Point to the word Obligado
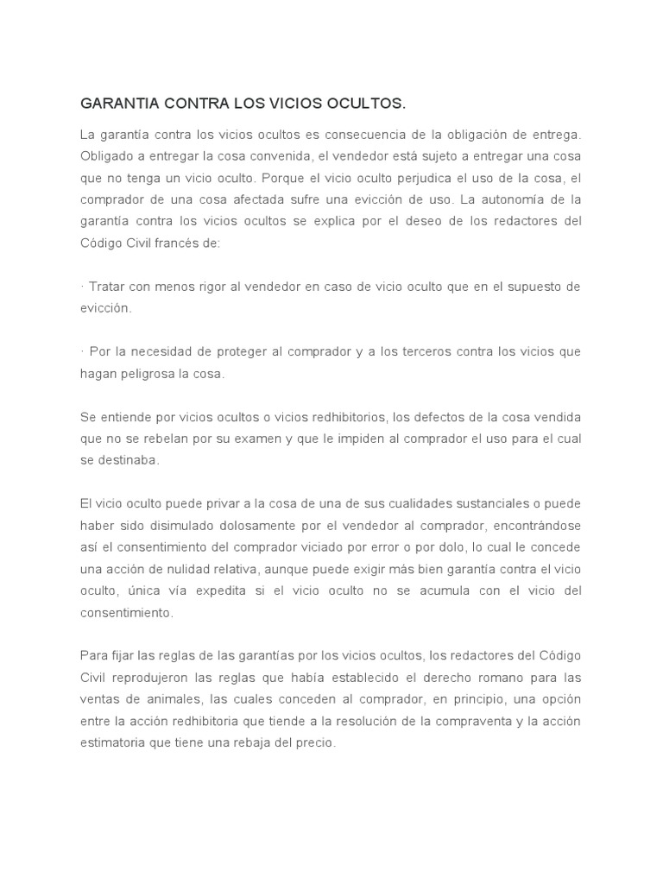pos(107,157)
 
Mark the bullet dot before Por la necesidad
pos(81,352)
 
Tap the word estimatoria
pos(114,742)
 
